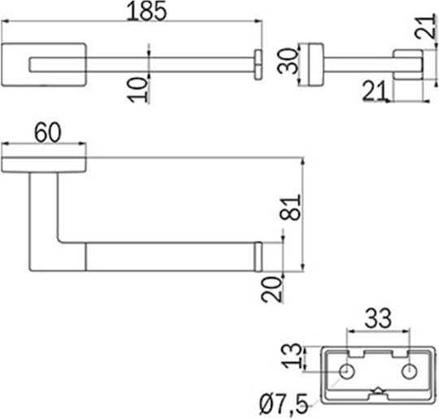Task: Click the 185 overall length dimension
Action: (146, 11)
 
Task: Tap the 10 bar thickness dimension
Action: (137, 90)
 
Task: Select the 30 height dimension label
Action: (287, 61)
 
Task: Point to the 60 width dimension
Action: (47, 133)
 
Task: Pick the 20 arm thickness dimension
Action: (272, 290)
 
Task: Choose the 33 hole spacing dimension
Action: (378, 318)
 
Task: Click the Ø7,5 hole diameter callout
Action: (284, 404)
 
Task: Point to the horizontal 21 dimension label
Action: (374, 90)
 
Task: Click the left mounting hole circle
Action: (347, 372)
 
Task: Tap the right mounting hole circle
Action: (409, 372)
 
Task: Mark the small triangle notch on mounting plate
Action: (378, 391)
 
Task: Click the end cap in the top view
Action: (259, 65)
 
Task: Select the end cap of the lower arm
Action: (259, 256)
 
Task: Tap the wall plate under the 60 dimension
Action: (44, 164)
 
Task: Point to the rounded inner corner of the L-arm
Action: (60, 241)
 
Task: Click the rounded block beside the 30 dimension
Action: (316, 64)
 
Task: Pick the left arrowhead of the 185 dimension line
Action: (5, 21)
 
